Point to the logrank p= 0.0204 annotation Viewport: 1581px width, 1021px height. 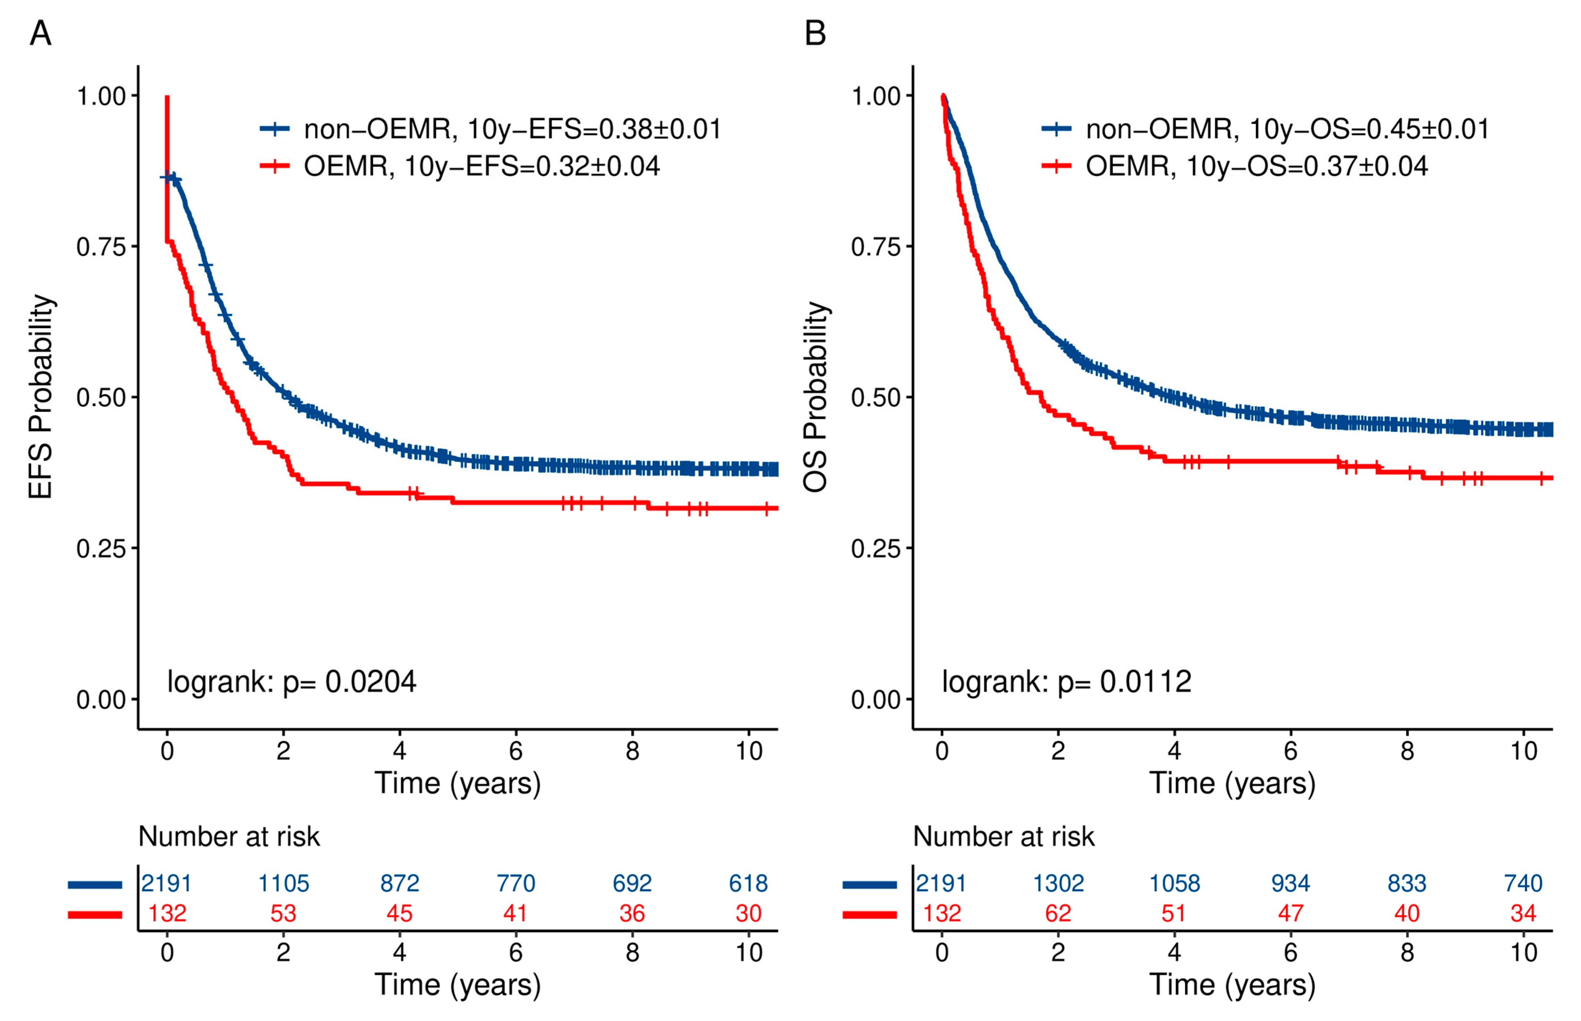coord(292,681)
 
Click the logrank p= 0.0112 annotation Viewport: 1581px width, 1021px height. coord(1066,681)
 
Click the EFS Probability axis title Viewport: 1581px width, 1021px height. coord(41,396)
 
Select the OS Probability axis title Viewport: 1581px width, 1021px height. coord(816,396)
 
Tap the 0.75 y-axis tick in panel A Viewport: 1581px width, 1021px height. coord(101,247)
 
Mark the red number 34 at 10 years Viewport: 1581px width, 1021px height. coord(1523,914)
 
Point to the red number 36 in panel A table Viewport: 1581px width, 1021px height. coord(632,914)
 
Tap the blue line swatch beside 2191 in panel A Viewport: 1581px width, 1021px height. coord(95,884)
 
